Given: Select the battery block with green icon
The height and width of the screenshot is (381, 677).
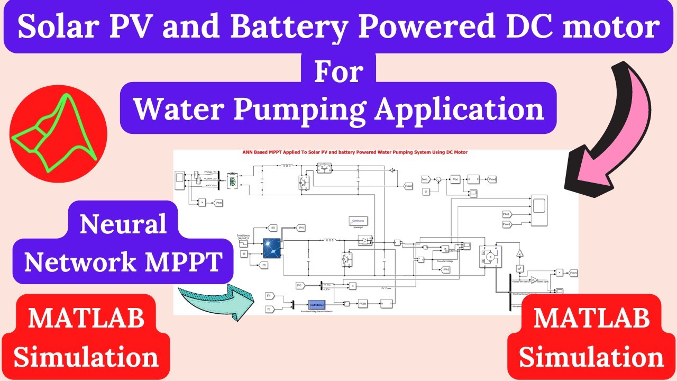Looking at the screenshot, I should pyautogui.click(x=232, y=180).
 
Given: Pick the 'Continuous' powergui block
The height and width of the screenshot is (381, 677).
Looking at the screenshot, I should pyautogui.click(x=358, y=221).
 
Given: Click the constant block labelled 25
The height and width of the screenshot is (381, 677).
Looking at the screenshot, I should pyautogui.click(x=244, y=254).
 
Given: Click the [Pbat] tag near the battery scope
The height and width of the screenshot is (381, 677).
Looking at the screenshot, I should pyautogui.click(x=219, y=202).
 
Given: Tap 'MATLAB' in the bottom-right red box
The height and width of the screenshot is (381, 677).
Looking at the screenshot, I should pyautogui.click(x=591, y=319).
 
